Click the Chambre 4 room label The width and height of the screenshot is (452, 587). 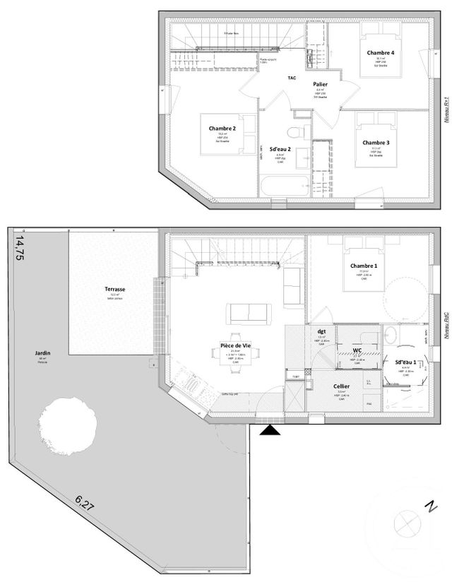tap(381, 53)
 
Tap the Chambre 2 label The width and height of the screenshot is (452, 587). tap(222, 129)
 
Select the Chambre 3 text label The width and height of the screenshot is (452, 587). tap(376, 143)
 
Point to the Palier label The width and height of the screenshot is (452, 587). tap(320, 83)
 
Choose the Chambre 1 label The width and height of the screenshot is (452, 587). tap(364, 266)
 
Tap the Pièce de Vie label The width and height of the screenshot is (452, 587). tap(236, 345)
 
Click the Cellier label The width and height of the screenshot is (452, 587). tap(341, 386)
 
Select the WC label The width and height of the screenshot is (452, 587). tap(358, 350)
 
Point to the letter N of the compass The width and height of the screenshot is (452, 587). tap(429, 506)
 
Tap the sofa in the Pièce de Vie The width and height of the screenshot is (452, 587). tap(247, 313)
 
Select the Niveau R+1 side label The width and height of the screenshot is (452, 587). tap(446, 111)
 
